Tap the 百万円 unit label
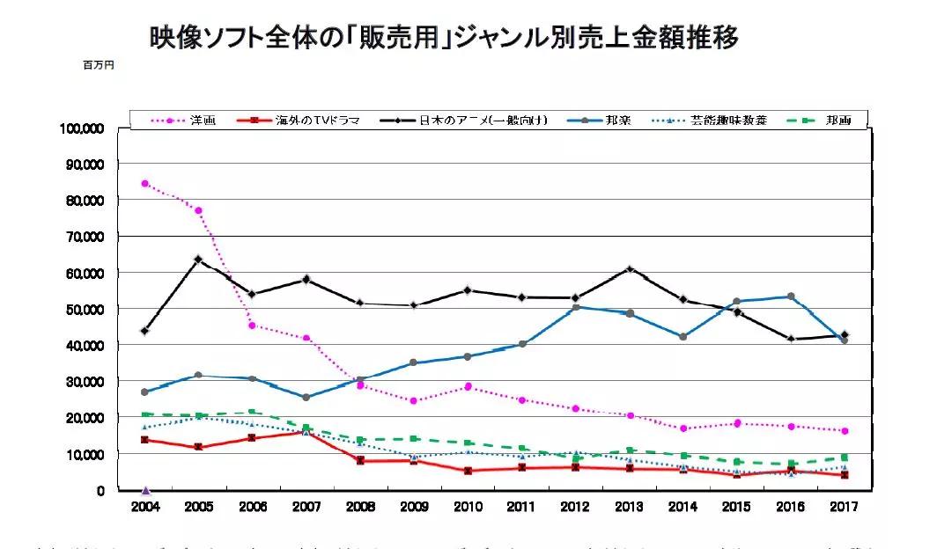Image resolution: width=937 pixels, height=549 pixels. pyautogui.click(x=99, y=65)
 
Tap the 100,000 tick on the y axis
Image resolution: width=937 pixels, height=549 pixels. pyautogui.click(x=83, y=128)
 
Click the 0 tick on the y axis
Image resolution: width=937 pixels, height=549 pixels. pyautogui.click(x=101, y=490)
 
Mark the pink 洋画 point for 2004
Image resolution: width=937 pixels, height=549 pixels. pyautogui.click(x=145, y=184)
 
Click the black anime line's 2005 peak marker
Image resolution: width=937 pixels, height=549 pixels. pyautogui.click(x=198, y=260)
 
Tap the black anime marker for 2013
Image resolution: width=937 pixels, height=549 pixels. pyautogui.click(x=630, y=268)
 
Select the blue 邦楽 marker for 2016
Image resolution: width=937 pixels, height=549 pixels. pyautogui.click(x=791, y=296)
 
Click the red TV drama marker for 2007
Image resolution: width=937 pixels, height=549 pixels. pyautogui.click(x=306, y=432)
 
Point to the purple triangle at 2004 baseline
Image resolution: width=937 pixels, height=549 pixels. pyautogui.click(x=145, y=490)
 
